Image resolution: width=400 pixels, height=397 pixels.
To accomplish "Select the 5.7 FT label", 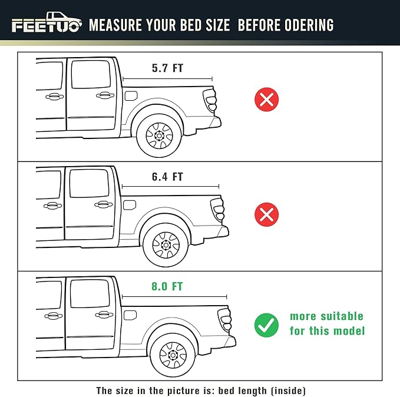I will [167, 68].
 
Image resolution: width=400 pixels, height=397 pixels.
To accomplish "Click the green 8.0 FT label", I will [167, 287].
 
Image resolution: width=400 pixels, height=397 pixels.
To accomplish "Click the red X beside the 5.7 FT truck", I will [267, 99].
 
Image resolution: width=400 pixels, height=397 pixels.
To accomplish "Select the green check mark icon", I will [267, 325].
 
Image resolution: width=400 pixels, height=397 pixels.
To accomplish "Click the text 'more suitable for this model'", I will [327, 323].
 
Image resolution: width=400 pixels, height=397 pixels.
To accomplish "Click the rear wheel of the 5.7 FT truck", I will [158, 135].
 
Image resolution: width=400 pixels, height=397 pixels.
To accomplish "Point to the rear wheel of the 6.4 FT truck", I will [165, 244].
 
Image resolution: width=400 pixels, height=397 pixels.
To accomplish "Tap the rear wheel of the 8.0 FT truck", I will [173, 355].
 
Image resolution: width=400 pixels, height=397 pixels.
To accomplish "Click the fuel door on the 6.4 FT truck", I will [130, 205].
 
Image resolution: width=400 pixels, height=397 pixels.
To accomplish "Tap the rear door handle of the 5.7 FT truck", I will [103, 95].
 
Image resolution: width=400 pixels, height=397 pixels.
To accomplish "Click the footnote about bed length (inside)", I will [201, 390].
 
